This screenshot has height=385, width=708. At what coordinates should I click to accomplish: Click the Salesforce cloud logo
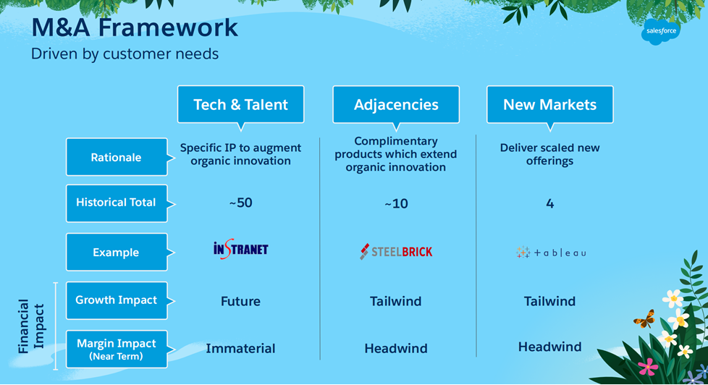click(661, 31)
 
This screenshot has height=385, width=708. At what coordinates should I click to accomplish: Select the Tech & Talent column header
click(240, 105)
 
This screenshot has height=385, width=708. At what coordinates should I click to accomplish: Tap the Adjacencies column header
click(396, 105)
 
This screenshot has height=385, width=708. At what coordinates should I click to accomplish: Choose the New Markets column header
click(550, 105)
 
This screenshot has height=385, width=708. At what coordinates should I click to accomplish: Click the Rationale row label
click(117, 157)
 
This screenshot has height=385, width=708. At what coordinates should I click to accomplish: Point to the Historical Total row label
click(117, 203)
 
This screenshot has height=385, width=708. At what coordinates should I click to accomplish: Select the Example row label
click(117, 253)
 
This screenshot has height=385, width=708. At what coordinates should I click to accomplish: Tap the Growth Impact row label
click(117, 300)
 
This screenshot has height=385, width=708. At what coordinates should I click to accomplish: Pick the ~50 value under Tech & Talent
click(240, 203)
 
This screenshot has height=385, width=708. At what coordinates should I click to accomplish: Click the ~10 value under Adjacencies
click(396, 204)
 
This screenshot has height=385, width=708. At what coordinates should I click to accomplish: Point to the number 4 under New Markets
click(550, 203)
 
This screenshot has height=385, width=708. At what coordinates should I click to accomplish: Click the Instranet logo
click(240, 249)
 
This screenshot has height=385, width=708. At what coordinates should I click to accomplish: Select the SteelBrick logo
click(396, 251)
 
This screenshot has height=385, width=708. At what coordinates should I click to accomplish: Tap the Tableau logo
click(550, 253)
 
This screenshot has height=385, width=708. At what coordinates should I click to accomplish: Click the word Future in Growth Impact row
click(240, 301)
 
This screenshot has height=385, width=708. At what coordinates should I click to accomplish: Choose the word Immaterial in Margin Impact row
click(240, 348)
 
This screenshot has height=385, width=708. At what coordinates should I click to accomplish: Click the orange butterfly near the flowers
click(645, 318)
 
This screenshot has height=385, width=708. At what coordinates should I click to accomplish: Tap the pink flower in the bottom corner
click(648, 367)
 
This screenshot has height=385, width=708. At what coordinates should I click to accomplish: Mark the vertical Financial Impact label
click(31, 326)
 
